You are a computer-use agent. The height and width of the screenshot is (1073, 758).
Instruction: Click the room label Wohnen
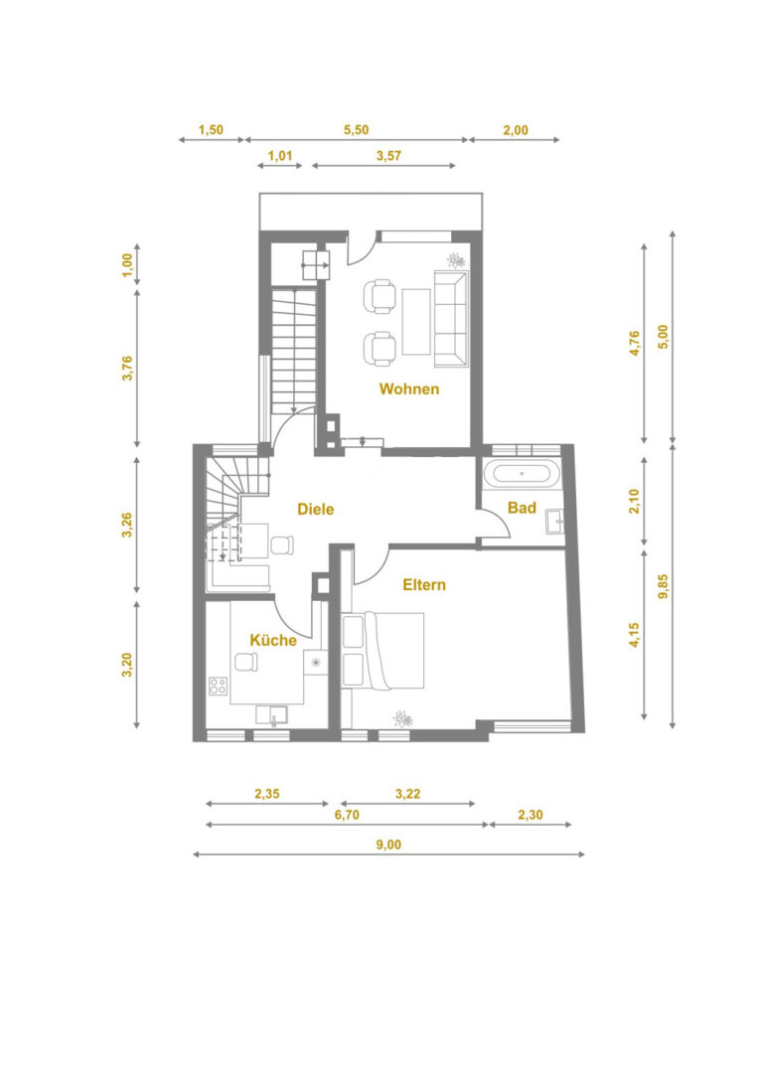[409, 388]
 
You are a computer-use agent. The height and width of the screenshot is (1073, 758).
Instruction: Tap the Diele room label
[315, 509]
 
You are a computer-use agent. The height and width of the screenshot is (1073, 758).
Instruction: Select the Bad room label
[522, 508]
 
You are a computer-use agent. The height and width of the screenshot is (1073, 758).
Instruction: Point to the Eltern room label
[424, 585]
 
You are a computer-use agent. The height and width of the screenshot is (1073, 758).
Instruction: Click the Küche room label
[273, 641]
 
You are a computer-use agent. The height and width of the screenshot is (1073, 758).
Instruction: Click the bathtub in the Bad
[522, 474]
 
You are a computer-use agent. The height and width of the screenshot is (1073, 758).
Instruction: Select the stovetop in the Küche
[219, 686]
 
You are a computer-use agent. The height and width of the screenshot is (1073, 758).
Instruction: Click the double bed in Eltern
[382, 650]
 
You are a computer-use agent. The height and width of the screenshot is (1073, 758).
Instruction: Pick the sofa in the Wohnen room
[451, 318]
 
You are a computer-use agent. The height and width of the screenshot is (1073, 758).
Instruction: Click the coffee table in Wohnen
[416, 322]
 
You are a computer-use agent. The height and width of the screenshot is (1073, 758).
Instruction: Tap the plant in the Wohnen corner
[456, 260]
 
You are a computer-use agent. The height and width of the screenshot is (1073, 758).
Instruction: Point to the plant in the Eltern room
[402, 718]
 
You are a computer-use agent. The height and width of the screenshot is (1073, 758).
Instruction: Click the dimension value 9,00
[388, 845]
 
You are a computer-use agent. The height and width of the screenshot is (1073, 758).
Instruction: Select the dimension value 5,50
[357, 130]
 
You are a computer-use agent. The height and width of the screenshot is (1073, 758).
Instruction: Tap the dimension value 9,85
[663, 586]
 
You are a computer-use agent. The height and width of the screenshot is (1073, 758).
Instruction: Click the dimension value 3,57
[388, 156]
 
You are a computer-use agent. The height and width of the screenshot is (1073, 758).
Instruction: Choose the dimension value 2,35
[267, 794]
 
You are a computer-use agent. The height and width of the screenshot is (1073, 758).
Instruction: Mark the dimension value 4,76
[634, 343]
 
